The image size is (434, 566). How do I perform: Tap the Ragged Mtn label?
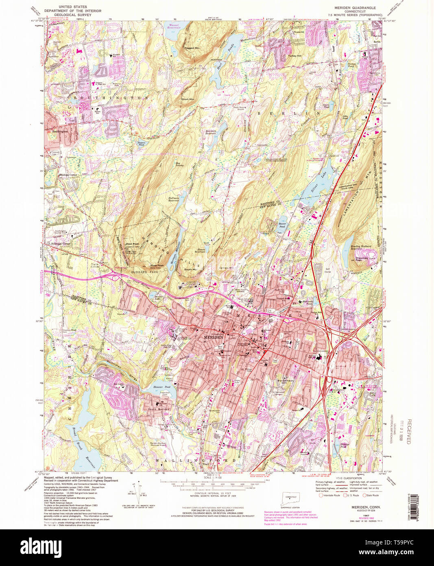point(192,48)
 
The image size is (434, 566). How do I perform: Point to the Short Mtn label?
point(188,99)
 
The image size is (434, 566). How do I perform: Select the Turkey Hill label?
point(294,56)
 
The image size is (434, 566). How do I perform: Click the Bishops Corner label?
point(68,175)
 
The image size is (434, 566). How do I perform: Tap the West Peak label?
point(132,244)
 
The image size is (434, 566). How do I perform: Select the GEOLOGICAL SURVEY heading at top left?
point(68,15)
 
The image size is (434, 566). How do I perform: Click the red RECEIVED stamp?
point(408,432)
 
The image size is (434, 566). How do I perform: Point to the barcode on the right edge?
point(415,509)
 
